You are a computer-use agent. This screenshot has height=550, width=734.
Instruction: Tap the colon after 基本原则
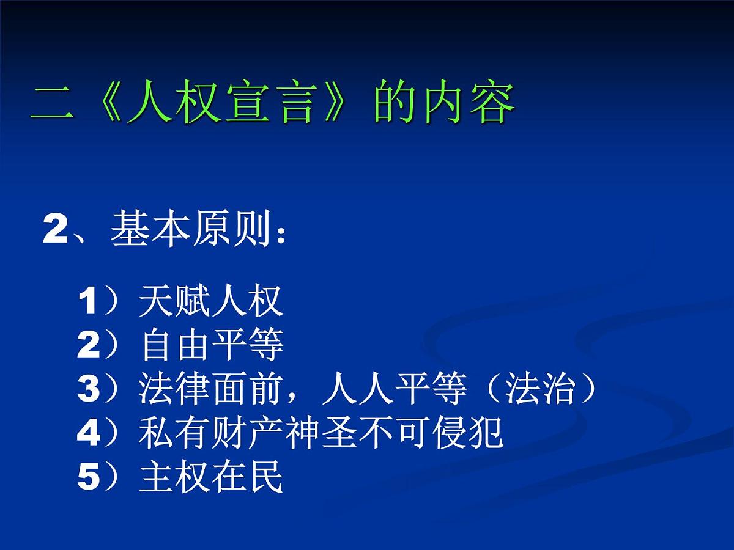(x=281, y=235)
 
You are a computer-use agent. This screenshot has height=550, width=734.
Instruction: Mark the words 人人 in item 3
(x=358, y=390)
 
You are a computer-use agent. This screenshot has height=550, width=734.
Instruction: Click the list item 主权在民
(x=211, y=479)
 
